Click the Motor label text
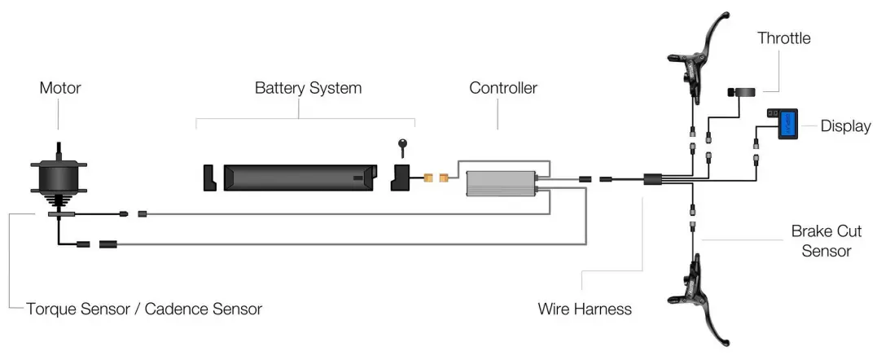pos(60,88)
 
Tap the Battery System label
pos(308,88)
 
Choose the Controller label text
pos(503,88)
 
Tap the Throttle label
pos(783,38)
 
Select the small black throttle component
pos(743,92)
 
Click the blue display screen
pos(787,125)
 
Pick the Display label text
pos(845,126)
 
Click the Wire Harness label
pos(585,309)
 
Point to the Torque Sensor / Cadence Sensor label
pos(144,309)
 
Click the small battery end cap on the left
pos(208,178)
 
